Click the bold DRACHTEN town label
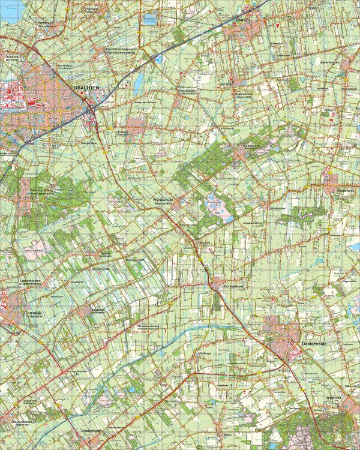tap(86, 88)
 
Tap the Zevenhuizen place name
tap(334, 61)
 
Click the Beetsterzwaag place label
tap(39, 193)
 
